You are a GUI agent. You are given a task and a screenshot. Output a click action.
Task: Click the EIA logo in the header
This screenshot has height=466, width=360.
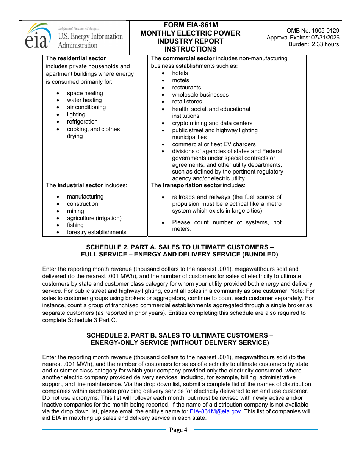38,37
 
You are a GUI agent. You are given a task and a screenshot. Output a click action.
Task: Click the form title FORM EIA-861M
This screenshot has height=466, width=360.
191,25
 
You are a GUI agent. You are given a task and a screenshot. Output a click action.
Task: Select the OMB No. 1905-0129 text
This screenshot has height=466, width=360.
313,31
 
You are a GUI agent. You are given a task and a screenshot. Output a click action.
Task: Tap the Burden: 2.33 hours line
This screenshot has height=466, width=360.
314,44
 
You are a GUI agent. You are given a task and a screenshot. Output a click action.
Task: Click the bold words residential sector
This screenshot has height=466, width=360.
81,58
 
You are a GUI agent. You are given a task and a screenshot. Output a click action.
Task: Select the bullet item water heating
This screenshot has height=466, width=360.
84,100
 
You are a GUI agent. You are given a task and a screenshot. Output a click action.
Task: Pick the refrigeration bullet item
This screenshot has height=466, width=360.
82,122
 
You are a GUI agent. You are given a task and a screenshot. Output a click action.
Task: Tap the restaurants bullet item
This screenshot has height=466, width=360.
186,88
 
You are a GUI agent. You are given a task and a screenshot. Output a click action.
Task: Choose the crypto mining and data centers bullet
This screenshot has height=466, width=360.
212,123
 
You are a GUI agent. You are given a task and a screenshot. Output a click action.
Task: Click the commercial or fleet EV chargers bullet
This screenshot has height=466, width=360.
214,144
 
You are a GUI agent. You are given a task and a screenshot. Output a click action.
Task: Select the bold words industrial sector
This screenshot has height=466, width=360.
80,185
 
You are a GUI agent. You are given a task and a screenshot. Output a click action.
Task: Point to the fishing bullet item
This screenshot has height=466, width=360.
75,225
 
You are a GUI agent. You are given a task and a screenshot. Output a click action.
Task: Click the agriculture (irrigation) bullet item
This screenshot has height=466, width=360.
94,218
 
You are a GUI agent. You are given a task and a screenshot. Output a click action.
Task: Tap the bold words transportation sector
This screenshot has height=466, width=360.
191,185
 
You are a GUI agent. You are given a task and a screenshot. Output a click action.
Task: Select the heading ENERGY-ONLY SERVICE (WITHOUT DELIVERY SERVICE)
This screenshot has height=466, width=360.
180,342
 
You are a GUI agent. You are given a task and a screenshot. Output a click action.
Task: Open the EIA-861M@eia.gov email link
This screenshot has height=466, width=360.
215,411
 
